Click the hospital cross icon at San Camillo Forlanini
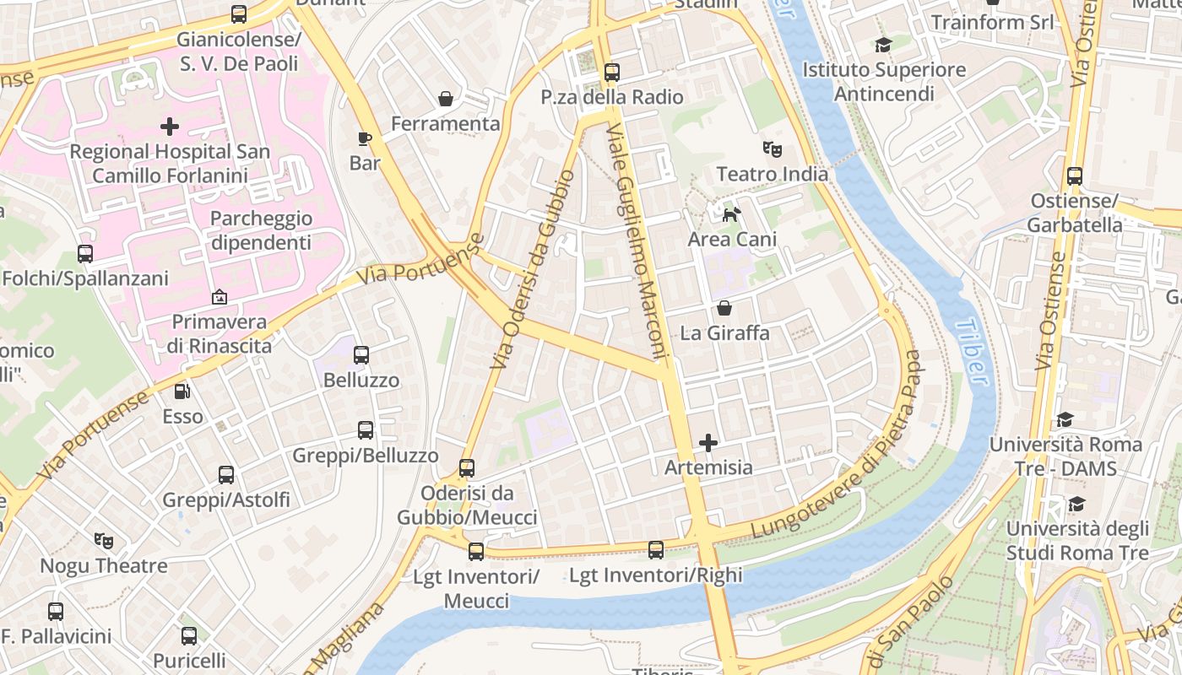pyautogui.click(x=170, y=127)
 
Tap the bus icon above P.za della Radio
pyautogui.click(x=612, y=73)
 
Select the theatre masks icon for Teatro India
pyautogui.click(x=772, y=149)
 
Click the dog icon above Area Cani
pyautogui.click(x=731, y=214)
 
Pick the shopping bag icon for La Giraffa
pyautogui.click(x=724, y=308)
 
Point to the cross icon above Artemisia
pyautogui.click(x=708, y=443)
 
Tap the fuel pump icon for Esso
pyautogui.click(x=182, y=391)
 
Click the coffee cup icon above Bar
pyautogui.click(x=365, y=138)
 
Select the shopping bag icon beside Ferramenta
pyautogui.click(x=445, y=100)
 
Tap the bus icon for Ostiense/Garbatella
pyautogui.click(x=1074, y=176)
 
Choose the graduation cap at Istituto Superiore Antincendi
pyautogui.click(x=883, y=45)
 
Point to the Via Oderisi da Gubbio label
pyautogui.click(x=533, y=269)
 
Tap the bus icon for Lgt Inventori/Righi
pyautogui.click(x=656, y=550)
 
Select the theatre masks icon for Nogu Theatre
pyautogui.click(x=104, y=540)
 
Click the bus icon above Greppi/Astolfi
pyautogui.click(x=225, y=475)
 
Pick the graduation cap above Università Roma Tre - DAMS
pyautogui.click(x=1065, y=419)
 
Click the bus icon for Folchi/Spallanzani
pyautogui.click(x=85, y=253)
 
